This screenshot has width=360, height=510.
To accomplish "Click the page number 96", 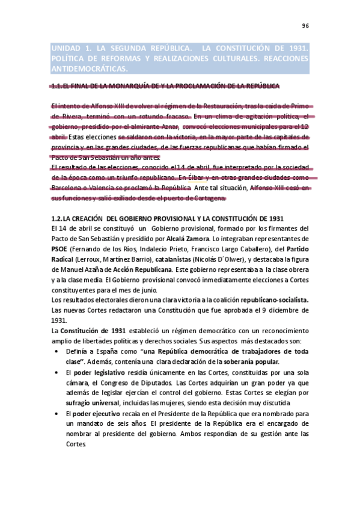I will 305,26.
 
